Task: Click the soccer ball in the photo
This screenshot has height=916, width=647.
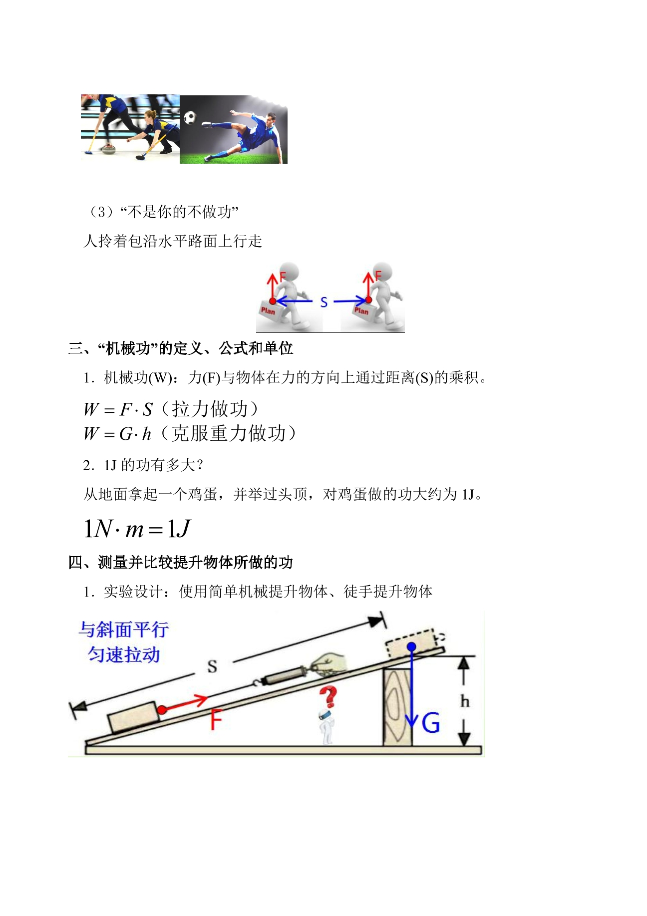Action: coord(190,118)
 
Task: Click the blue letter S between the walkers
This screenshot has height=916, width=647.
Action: coord(324,302)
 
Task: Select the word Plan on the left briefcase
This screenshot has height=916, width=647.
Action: coord(268,310)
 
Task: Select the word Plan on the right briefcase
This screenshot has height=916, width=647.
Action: coord(361,310)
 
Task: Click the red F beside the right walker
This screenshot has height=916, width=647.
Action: coord(378,276)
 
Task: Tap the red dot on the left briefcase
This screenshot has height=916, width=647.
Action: coord(273,301)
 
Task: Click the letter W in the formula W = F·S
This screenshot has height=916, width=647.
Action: coord(91,410)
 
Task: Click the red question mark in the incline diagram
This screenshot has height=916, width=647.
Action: coord(328,697)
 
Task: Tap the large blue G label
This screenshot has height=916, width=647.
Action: coord(431,723)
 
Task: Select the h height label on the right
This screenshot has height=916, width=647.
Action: coord(465,701)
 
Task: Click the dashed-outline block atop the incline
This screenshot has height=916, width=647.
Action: coord(411,643)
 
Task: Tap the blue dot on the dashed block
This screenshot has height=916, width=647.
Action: coord(411,647)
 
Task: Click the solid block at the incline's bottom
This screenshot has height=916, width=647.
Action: coord(133,718)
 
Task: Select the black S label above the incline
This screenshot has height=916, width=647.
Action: coord(212,666)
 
